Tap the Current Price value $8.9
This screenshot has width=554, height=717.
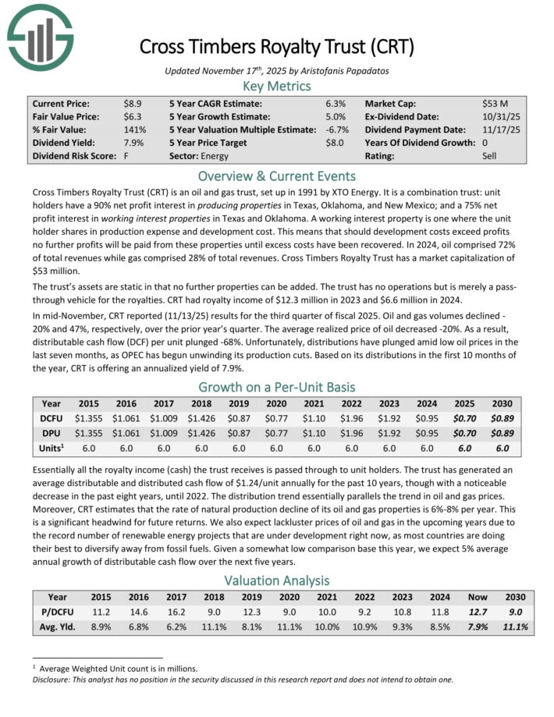[x=132, y=103]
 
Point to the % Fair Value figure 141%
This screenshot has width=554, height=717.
[x=134, y=130]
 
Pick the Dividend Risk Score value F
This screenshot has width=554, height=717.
[x=126, y=156]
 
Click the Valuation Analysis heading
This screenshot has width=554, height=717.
[x=277, y=580]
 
